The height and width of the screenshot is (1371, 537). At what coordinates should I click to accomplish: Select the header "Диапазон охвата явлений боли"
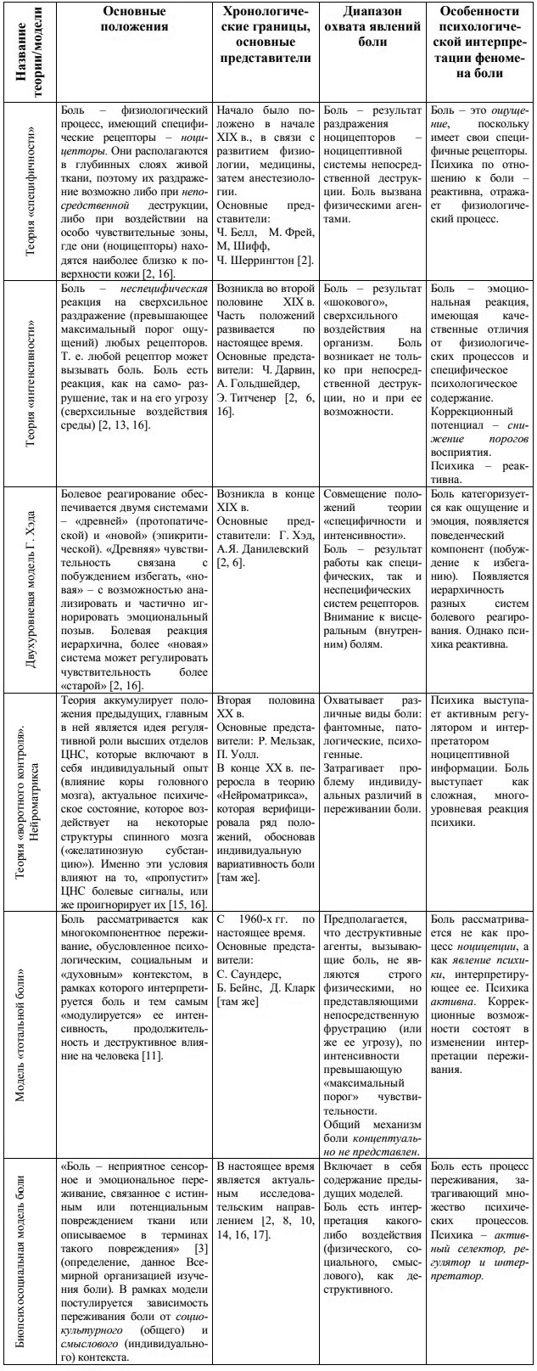pos(372,26)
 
